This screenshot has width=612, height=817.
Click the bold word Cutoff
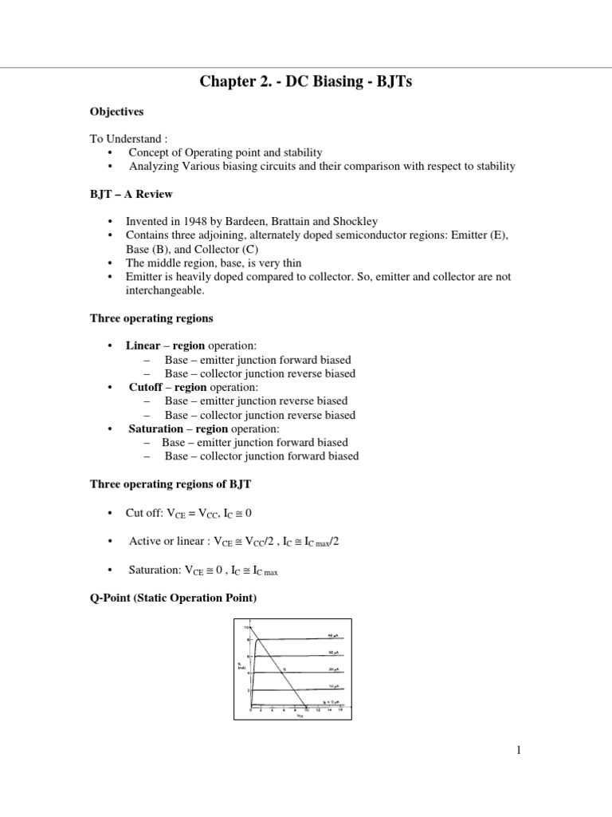coord(147,387)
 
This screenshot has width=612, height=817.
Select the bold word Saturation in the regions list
coord(155,428)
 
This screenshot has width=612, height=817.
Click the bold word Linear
coord(143,345)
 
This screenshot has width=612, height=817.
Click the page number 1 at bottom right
coord(518,749)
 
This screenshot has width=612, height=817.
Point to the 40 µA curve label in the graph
coord(334,635)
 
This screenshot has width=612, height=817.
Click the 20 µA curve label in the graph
coord(334,669)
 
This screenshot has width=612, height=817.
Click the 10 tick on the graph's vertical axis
coord(246,628)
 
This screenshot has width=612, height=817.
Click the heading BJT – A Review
coord(131,194)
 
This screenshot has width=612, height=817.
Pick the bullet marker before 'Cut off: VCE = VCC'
coord(109,511)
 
